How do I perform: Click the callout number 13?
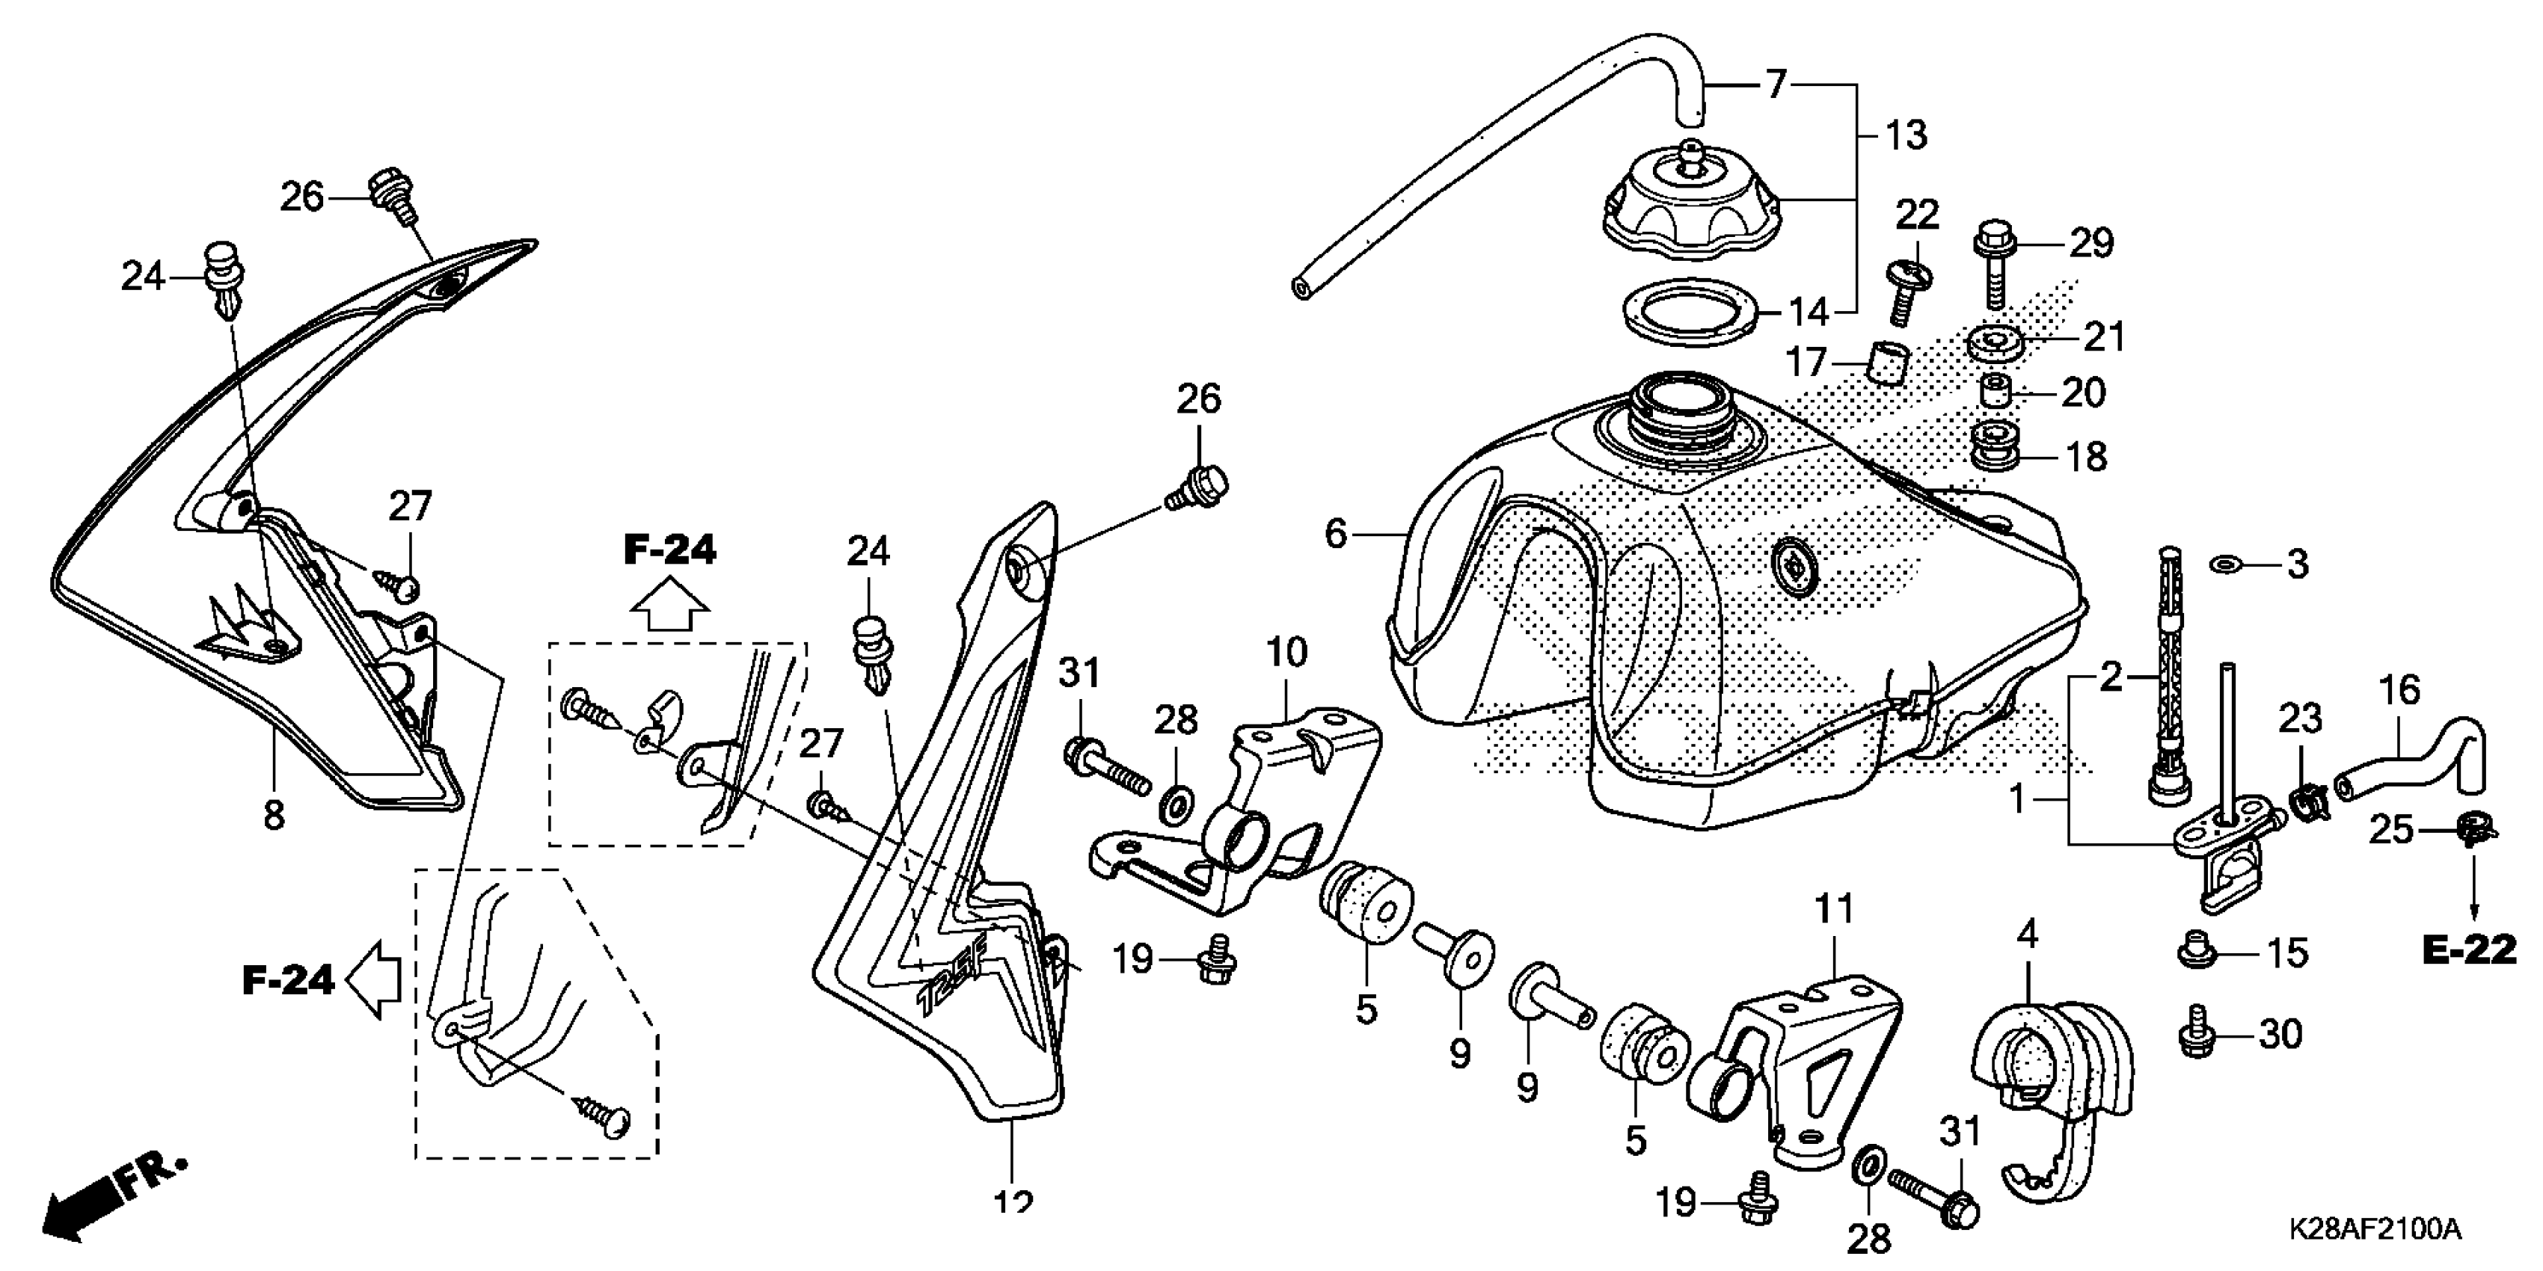click(x=1905, y=135)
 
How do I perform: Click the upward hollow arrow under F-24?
click(x=670, y=604)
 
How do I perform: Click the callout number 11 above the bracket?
click(x=1834, y=909)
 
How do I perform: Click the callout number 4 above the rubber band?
click(x=2027, y=934)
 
